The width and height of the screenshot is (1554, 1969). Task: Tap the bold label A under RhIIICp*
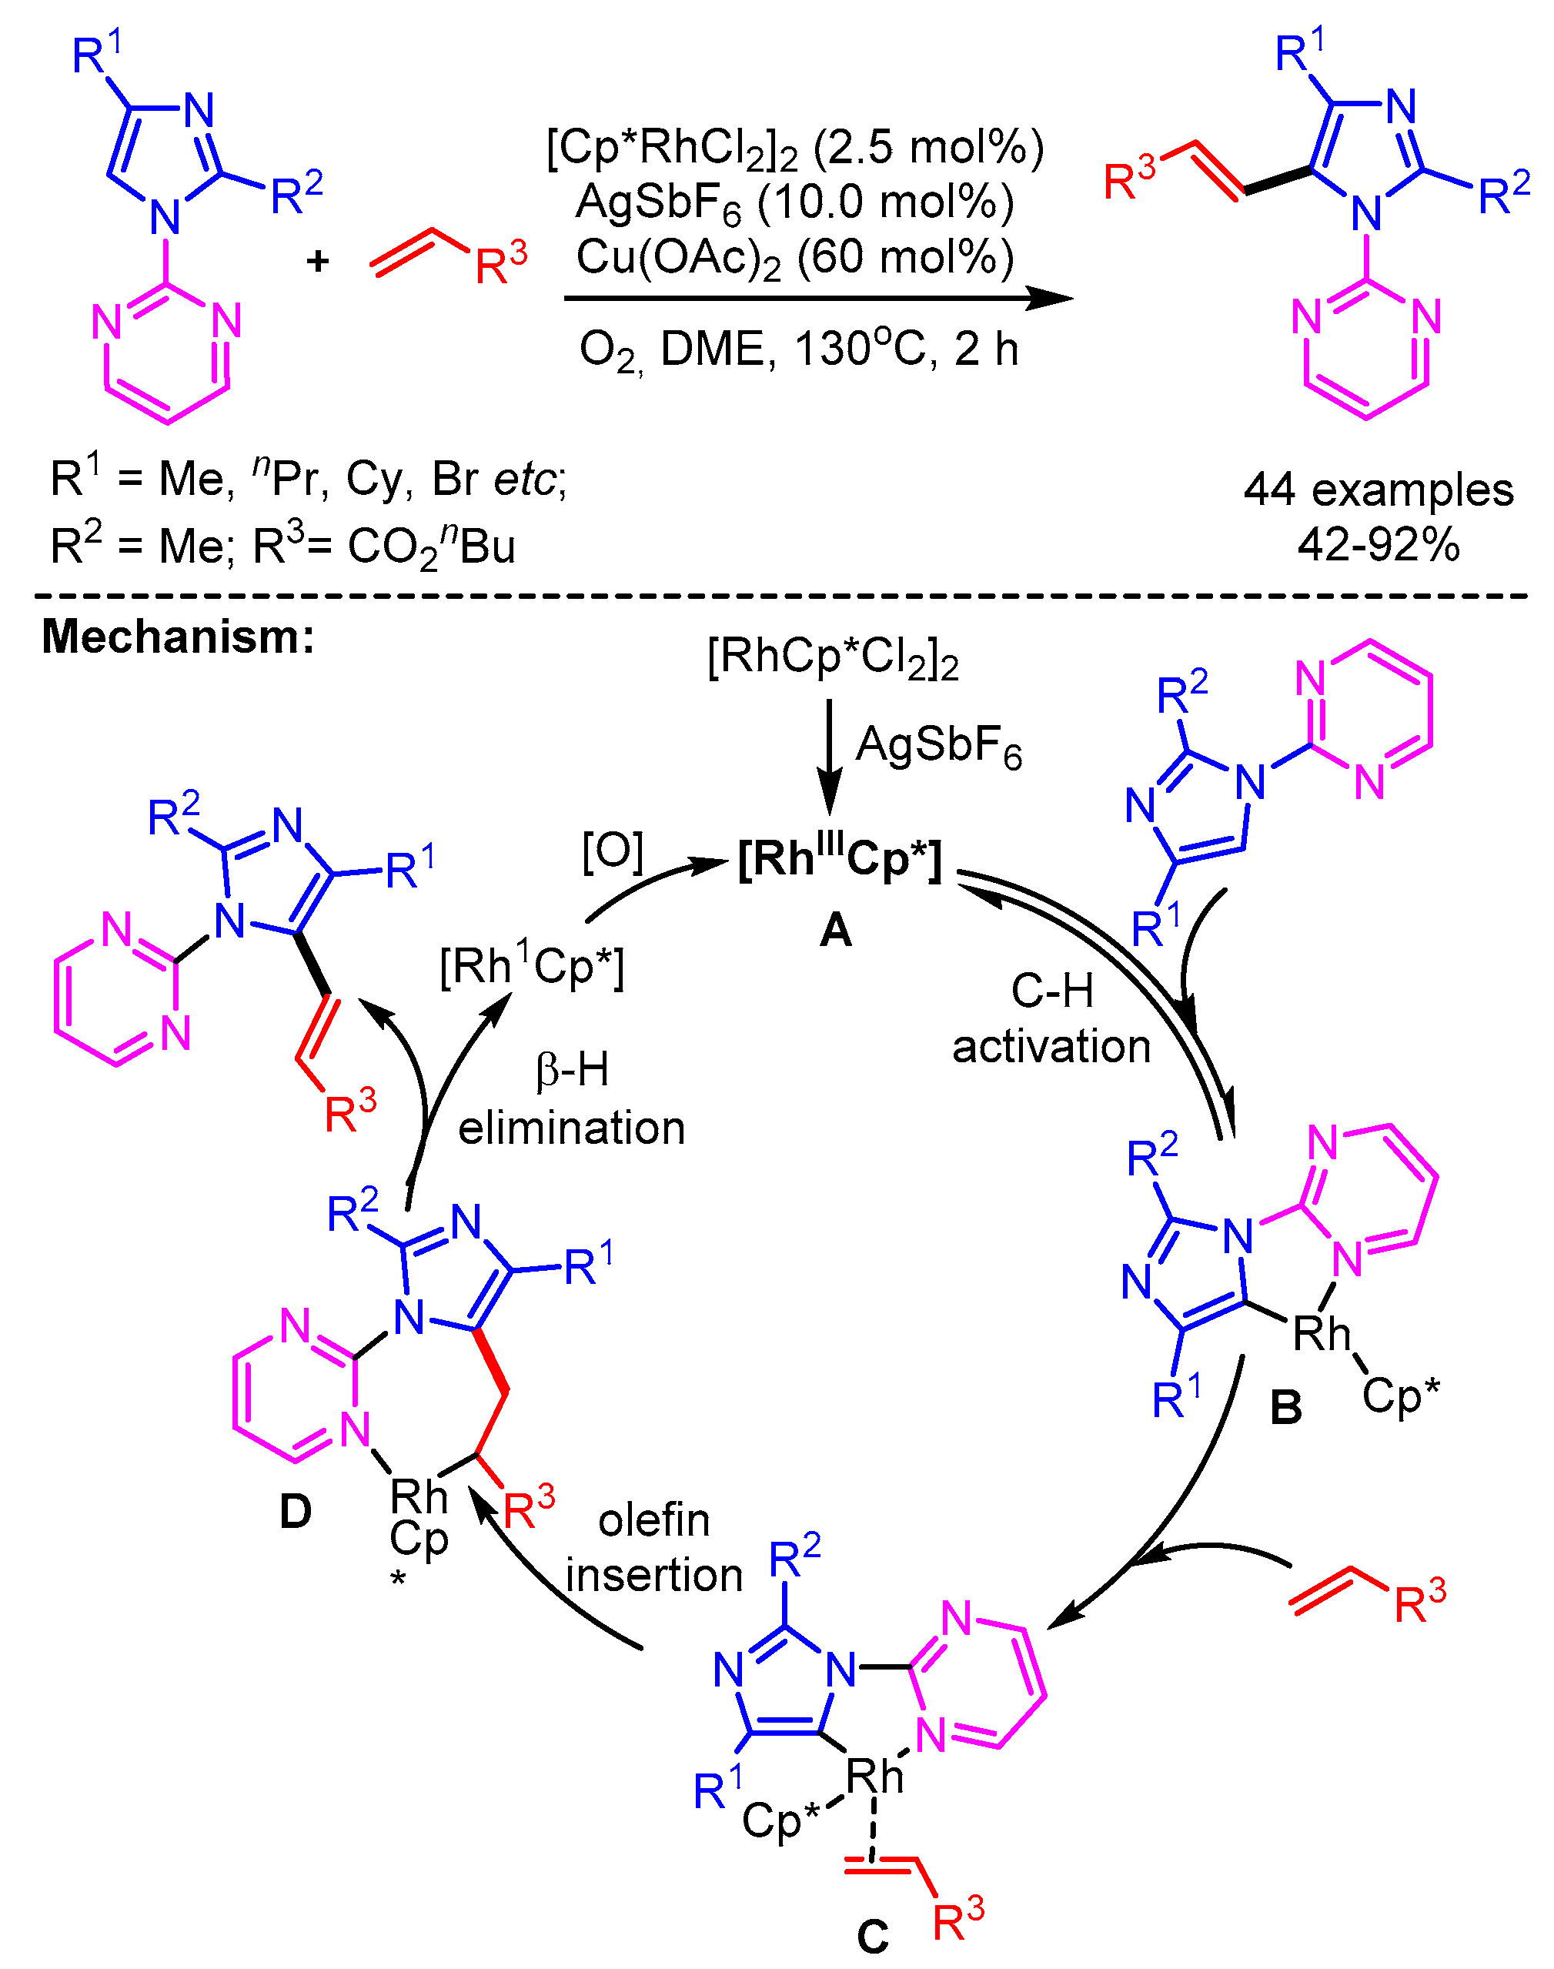pyautogui.click(x=835, y=930)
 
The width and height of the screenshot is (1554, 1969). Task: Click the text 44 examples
pyautogui.click(x=1378, y=490)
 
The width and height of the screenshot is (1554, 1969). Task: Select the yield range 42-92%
pyautogui.click(x=1378, y=545)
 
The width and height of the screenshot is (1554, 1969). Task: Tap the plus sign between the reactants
pyautogui.click(x=318, y=262)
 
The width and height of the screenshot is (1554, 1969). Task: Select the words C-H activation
pyautogui.click(x=1051, y=1019)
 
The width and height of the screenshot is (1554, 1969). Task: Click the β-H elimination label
pyautogui.click(x=570, y=1099)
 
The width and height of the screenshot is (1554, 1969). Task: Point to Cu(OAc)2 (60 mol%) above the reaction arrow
pyautogui.click(x=794, y=259)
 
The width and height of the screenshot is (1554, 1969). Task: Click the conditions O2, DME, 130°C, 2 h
pyautogui.click(x=798, y=349)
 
